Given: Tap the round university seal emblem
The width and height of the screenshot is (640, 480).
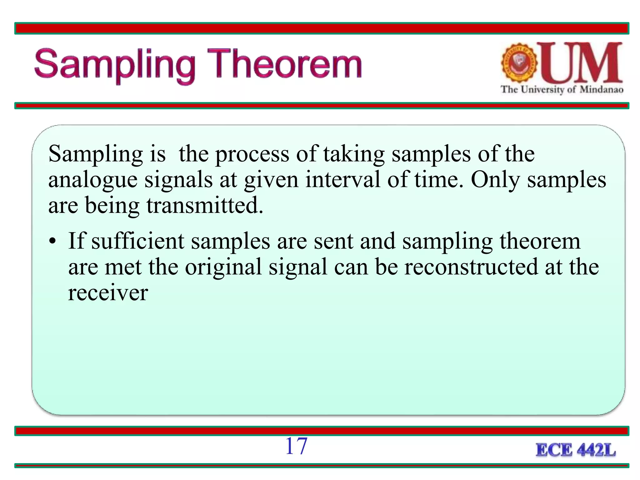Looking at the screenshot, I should click(x=519, y=62).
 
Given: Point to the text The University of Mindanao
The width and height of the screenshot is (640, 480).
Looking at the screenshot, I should click(x=562, y=90).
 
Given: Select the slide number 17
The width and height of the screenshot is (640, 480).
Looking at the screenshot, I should click(x=296, y=446).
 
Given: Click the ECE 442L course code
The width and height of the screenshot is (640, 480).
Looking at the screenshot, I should click(x=576, y=450).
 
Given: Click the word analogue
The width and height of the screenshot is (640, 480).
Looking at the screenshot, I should click(x=93, y=180).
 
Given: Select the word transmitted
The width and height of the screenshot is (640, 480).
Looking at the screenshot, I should click(x=205, y=206).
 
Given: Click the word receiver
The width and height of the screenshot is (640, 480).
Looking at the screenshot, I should click(x=108, y=293).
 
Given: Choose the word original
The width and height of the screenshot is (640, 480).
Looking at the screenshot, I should click(x=223, y=267).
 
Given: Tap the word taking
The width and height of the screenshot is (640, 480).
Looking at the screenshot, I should click(x=354, y=154).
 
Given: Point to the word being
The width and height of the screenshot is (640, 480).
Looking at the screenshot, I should click(x=112, y=206).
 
